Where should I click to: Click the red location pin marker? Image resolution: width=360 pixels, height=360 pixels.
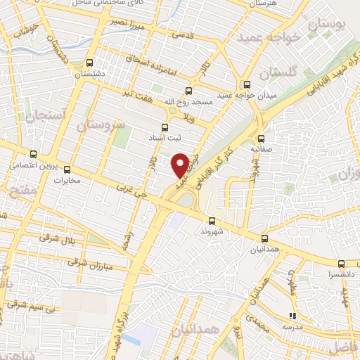click(181, 165)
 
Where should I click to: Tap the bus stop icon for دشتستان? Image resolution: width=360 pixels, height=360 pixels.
click(89, 63)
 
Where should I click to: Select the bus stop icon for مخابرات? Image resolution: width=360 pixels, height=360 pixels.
click(67, 169)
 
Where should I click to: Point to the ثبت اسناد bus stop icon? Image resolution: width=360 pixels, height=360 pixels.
click(165, 127)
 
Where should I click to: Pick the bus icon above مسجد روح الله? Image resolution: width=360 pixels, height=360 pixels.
click(188, 91)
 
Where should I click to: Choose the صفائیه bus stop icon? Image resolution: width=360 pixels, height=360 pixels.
click(262, 139)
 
